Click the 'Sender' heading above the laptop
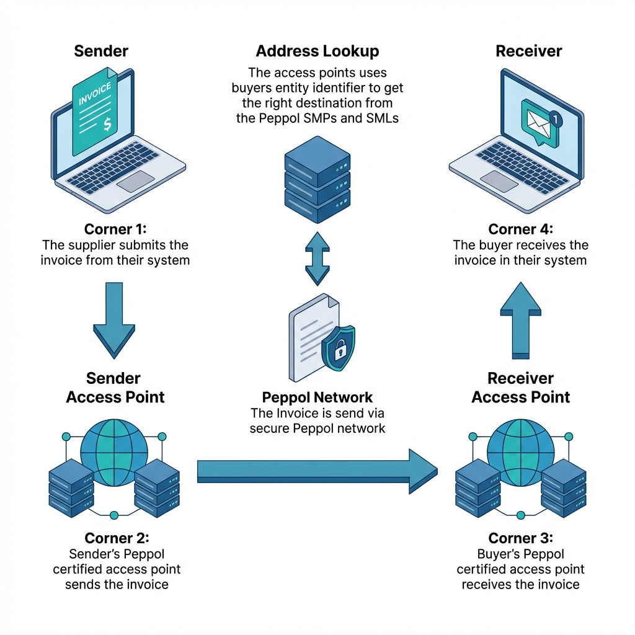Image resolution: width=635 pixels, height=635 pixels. tap(101, 51)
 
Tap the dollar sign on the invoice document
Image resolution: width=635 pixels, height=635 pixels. tap(107, 124)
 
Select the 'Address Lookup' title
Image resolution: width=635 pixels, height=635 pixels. tap(317, 51)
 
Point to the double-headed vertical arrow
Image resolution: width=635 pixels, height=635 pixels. tap(317, 259)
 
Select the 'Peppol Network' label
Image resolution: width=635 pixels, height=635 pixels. tap(317, 397)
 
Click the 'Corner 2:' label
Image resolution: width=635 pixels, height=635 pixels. tap(117, 538)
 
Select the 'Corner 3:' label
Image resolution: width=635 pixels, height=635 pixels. tap(520, 538)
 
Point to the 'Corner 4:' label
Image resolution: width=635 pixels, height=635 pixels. tap(520, 229)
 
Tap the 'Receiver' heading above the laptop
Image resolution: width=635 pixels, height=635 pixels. tap(528, 51)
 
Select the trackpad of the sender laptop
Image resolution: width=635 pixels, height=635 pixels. tap(135, 180)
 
